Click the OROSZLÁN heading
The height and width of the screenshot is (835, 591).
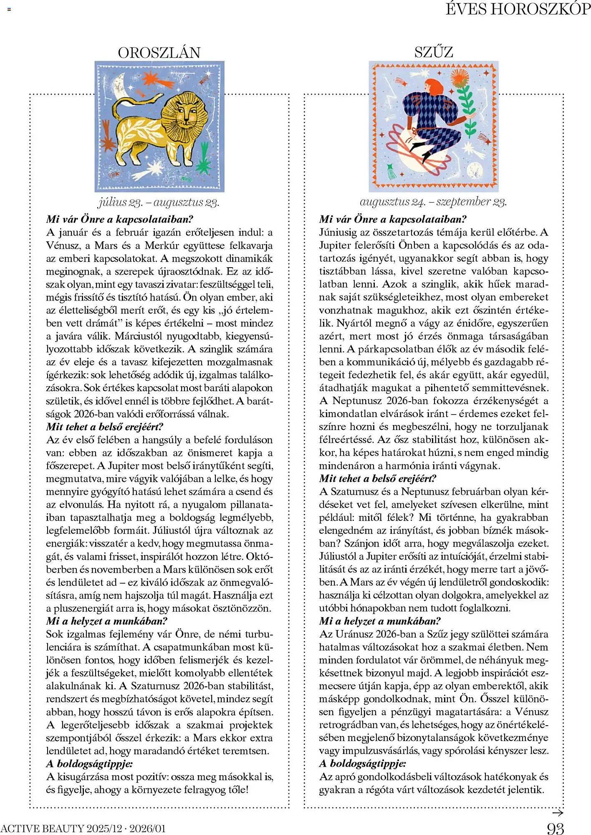159,53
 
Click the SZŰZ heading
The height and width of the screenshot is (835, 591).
434,52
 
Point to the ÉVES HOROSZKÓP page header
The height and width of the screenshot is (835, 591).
518,9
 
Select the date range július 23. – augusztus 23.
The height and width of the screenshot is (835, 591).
159,202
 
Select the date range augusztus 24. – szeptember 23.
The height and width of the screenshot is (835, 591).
433,202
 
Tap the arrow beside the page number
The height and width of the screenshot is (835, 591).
558,812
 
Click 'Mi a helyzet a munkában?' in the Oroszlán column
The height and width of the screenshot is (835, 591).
107,621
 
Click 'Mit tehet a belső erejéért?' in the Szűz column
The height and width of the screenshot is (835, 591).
378,478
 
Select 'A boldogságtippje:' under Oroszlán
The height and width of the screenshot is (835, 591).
89,764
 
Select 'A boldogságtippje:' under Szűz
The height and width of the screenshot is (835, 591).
362,764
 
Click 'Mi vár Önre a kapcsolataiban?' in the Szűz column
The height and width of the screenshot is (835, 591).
393,219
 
